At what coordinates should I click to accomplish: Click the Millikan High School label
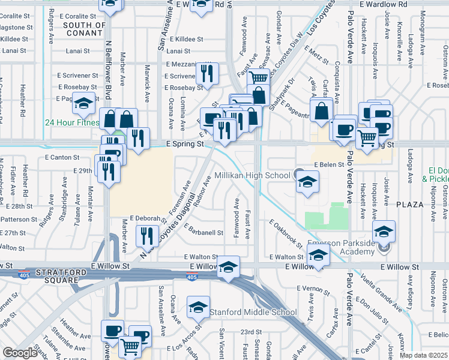click(x=252, y=176)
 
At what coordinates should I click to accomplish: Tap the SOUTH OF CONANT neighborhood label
click(x=83, y=29)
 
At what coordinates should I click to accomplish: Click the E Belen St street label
click(x=328, y=164)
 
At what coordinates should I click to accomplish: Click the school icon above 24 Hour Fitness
click(x=84, y=103)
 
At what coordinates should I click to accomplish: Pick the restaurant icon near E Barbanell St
click(x=147, y=236)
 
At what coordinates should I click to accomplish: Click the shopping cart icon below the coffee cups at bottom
click(x=130, y=346)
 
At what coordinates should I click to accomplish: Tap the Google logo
click(x=19, y=353)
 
